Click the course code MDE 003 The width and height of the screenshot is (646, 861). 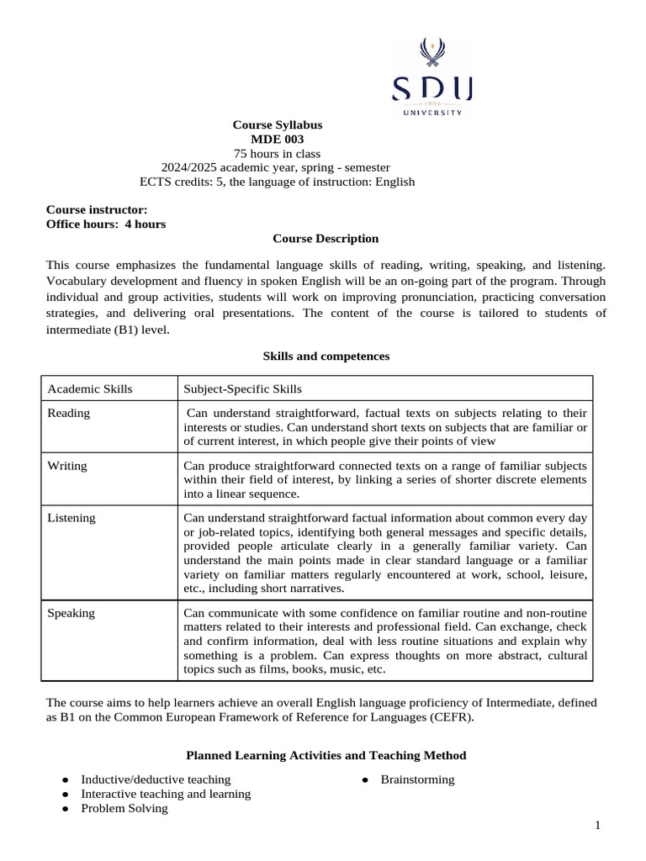point(278,139)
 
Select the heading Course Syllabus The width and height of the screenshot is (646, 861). point(278,124)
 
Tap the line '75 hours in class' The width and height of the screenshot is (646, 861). point(278,153)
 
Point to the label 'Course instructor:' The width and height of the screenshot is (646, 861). point(97,209)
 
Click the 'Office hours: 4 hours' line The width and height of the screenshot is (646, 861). point(106,224)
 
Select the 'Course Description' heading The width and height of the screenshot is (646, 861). point(326,239)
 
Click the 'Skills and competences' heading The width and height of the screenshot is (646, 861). point(326,356)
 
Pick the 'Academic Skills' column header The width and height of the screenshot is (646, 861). point(90,388)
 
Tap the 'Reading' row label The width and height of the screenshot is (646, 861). point(69,413)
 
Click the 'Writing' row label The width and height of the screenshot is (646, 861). point(68,465)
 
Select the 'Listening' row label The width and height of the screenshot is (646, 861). point(71,518)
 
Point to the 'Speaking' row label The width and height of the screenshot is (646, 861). point(71,613)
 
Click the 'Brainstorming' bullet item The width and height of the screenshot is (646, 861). point(417,779)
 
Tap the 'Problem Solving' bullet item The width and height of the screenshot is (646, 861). point(124,808)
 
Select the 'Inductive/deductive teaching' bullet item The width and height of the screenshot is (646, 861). point(156,779)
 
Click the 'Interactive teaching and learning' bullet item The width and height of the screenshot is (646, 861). point(166,794)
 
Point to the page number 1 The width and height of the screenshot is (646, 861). point(597,826)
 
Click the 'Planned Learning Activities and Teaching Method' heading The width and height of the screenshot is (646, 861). point(326,756)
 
